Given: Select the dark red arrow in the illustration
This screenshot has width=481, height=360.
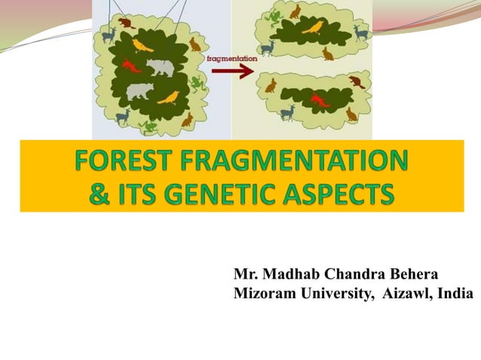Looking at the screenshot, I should (231, 71).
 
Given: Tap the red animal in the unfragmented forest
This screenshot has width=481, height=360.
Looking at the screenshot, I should (131, 66).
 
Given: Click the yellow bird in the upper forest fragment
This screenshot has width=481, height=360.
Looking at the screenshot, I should (312, 28).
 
